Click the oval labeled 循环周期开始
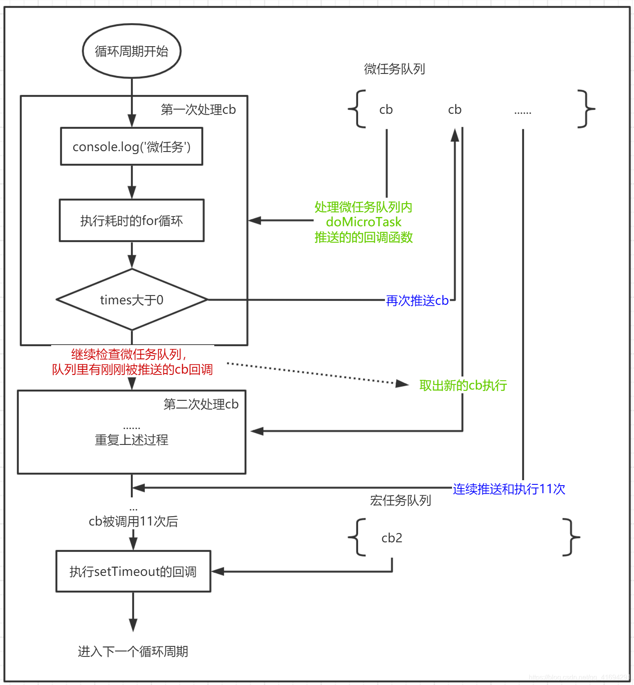[132, 51]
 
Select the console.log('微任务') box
[132, 147]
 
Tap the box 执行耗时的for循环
[132, 221]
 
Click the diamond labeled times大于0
[132, 300]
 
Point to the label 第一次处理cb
[198, 110]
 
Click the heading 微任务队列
[394, 69]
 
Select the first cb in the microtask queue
[386, 110]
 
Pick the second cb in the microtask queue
[455, 110]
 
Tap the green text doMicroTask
[364, 222]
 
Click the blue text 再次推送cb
[417, 301]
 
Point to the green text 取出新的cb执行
[463, 385]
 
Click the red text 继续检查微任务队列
[128, 355]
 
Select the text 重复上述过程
[132, 440]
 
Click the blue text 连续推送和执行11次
[509, 489]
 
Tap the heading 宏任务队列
[400, 500]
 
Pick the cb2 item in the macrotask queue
[392, 538]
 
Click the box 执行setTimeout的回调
[133, 572]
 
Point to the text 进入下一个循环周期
[133, 651]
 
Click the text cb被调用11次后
[133, 521]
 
